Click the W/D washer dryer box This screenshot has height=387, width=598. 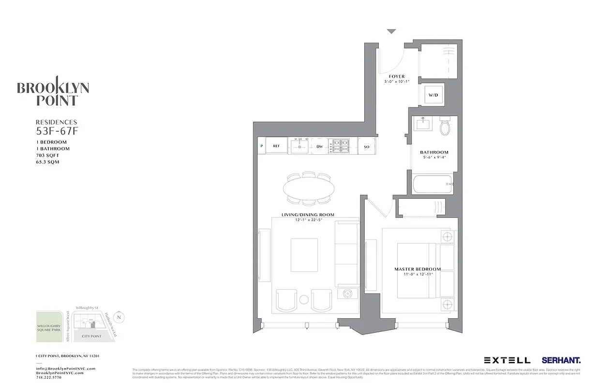[x=432, y=96]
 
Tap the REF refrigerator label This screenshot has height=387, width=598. [x=276, y=146]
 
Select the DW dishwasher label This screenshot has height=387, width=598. [x=319, y=146]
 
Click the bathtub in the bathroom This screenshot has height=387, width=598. [x=432, y=184]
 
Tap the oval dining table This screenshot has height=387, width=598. [x=308, y=187]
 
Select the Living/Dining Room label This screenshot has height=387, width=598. [x=308, y=215]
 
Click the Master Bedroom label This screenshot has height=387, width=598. [x=418, y=269]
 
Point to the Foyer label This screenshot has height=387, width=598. [x=397, y=76]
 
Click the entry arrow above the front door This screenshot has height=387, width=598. [x=391, y=32]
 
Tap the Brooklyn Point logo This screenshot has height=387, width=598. [x=53, y=92]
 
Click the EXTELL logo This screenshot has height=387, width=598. [x=507, y=360]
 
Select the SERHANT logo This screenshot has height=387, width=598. [x=561, y=360]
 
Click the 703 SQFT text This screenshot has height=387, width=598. [x=47, y=155]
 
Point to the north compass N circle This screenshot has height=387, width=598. [x=120, y=317]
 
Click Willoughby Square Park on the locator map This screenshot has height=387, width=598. [x=49, y=328]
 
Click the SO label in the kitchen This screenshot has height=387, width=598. [x=366, y=146]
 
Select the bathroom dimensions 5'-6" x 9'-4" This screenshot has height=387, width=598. [x=434, y=158]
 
